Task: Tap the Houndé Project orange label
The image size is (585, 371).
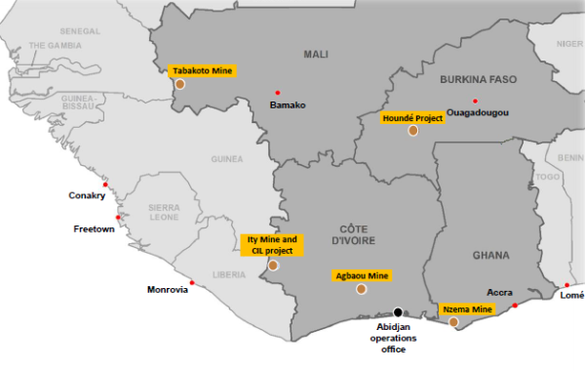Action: (x=412, y=117)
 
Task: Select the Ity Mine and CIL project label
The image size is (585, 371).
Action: (x=273, y=244)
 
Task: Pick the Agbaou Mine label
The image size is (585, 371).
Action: (x=362, y=275)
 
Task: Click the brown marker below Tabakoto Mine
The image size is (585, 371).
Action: (x=179, y=84)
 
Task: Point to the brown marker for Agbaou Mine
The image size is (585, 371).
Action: (x=362, y=289)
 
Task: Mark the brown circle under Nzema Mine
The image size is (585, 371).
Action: (x=453, y=321)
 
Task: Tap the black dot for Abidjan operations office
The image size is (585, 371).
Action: (x=397, y=311)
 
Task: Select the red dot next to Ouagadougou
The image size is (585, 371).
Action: (x=475, y=102)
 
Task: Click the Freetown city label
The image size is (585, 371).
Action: (x=95, y=229)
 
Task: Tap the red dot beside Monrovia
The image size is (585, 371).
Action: (x=192, y=283)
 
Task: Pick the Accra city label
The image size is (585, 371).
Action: (x=499, y=292)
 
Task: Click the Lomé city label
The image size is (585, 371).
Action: (x=571, y=296)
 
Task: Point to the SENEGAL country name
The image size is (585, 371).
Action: (x=80, y=31)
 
